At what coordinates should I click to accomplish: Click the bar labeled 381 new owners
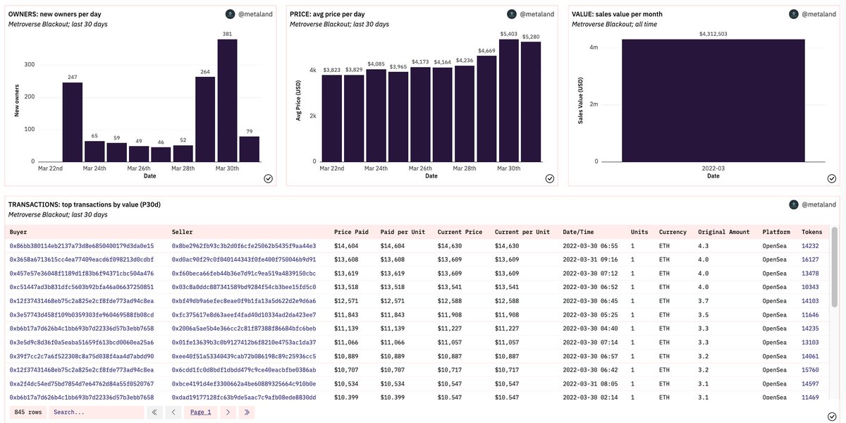(227, 100)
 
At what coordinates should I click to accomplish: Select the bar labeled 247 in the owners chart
(72, 122)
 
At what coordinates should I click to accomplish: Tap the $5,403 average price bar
(508, 100)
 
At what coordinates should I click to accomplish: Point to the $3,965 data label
(398, 66)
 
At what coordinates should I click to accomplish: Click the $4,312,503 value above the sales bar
(713, 33)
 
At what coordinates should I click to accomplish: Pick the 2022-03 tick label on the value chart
(713, 168)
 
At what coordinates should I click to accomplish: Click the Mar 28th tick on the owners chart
(183, 168)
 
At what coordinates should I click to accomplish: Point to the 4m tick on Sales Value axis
(594, 47)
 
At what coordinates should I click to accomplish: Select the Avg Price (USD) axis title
(298, 100)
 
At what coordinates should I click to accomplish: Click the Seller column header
(182, 232)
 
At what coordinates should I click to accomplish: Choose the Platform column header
(775, 232)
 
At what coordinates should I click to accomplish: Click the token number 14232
(810, 246)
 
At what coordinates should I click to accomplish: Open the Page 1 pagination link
(200, 412)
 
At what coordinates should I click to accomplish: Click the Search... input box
(95, 412)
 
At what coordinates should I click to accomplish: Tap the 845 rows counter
(28, 412)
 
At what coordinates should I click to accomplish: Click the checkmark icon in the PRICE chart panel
(549, 178)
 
